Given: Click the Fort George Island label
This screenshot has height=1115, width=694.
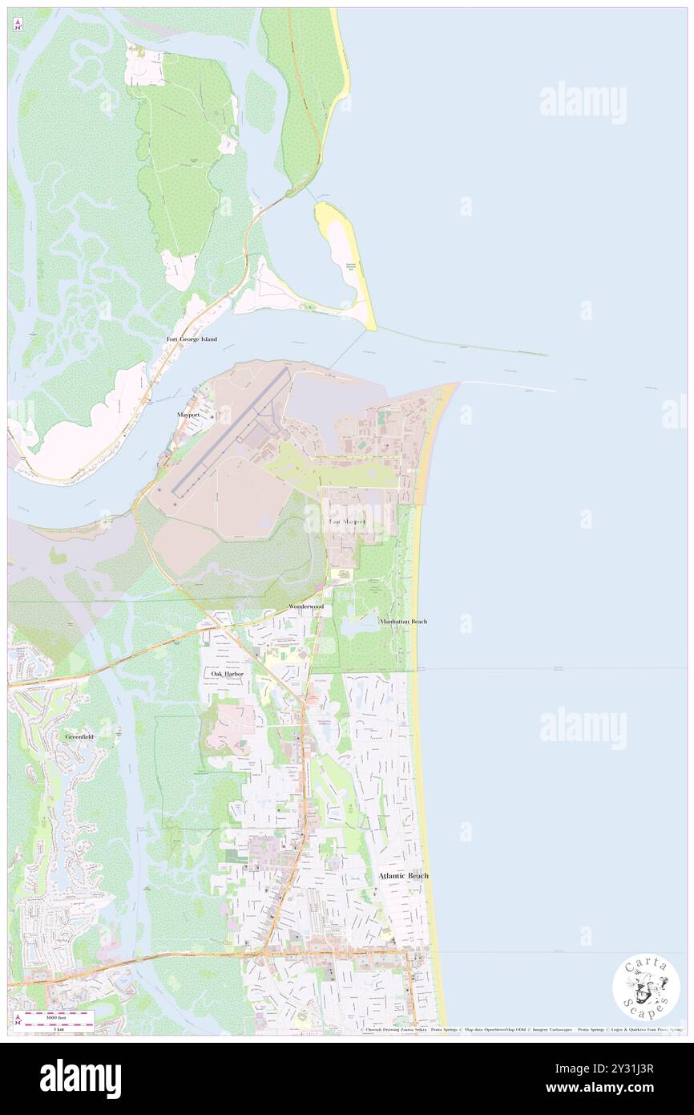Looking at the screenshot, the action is click(192, 339).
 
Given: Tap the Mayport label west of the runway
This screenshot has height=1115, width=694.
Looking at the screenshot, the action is click(188, 415).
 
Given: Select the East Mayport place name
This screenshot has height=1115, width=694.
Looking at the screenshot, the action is click(348, 521).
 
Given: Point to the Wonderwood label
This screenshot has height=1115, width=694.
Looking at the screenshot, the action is click(306, 608).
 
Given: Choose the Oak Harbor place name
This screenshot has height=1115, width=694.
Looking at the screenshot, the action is click(227, 674).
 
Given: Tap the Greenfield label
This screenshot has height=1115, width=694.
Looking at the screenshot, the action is click(79, 736).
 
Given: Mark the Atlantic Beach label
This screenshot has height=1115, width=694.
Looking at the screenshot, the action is click(403, 876).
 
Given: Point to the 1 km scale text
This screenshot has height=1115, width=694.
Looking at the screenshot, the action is click(59, 1028).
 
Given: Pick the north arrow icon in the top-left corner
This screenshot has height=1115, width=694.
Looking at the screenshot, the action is click(18, 25).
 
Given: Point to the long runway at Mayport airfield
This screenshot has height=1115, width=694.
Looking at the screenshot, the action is click(228, 433).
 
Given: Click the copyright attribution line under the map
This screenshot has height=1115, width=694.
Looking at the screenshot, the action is click(521, 1030).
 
